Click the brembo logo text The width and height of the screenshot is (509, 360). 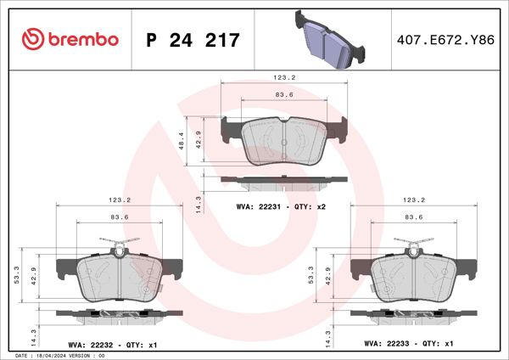82,39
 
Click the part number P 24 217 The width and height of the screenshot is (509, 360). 193,40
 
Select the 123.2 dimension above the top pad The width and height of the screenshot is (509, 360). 283,77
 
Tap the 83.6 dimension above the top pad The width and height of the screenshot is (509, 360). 283,95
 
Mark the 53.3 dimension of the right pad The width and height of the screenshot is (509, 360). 314,277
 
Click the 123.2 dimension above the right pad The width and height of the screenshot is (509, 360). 413,200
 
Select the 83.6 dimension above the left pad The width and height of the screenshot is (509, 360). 119,218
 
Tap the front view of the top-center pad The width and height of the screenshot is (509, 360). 283,140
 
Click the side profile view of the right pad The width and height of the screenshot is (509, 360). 413,315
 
